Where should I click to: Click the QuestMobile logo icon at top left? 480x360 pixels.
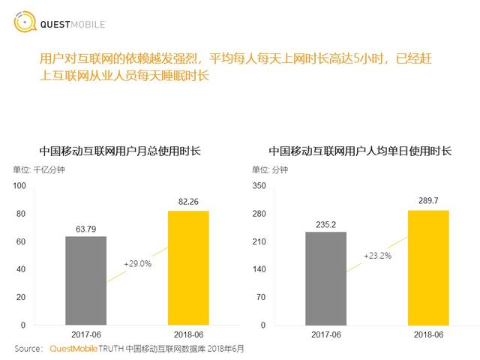(x=24, y=23)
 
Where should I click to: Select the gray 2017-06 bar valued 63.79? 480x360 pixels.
(x=85, y=280)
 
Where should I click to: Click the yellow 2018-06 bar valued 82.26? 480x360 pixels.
(x=188, y=268)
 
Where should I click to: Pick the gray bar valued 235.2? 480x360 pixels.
(x=325, y=278)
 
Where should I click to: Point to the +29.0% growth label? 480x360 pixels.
(x=137, y=264)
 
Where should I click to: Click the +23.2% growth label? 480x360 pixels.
(x=377, y=256)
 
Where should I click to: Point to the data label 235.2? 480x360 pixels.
(x=325, y=223)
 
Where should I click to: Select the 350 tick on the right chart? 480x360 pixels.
(x=259, y=185)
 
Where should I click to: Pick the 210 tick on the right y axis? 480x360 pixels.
(x=259, y=241)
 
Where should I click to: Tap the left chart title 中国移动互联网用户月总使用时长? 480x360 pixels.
(x=120, y=151)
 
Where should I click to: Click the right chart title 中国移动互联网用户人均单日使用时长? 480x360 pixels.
(x=360, y=151)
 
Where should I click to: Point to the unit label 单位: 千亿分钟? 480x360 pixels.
(x=38, y=169)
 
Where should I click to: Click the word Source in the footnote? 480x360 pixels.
(x=28, y=349)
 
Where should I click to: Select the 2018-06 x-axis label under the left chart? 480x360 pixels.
(x=188, y=335)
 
